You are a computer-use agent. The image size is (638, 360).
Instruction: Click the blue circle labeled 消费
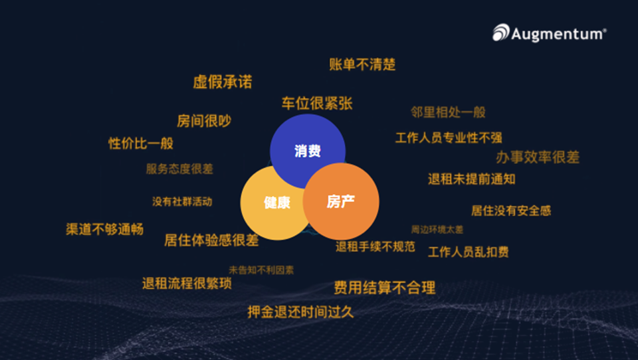click(x=307, y=151)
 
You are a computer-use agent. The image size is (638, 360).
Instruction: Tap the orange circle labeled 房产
click(x=340, y=201)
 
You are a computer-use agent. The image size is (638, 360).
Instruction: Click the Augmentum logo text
click(x=557, y=33)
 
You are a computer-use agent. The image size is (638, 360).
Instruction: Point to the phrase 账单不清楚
click(x=362, y=64)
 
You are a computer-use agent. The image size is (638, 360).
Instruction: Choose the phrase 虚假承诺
click(x=223, y=82)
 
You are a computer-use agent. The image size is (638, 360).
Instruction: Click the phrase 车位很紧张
click(x=316, y=104)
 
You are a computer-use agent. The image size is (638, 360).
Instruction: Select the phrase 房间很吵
click(x=204, y=121)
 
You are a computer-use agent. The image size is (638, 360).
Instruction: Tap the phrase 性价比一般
click(x=141, y=143)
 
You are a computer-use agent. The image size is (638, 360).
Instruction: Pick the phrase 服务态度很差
click(x=179, y=169)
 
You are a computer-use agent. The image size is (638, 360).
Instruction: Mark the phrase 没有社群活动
click(x=182, y=201)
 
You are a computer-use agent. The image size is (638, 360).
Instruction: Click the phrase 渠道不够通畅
click(x=104, y=229)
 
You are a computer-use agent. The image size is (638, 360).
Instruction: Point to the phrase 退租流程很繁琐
click(x=187, y=284)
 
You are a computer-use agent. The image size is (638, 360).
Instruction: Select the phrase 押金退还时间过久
click(x=300, y=312)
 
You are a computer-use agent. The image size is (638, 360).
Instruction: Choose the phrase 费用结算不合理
click(x=385, y=288)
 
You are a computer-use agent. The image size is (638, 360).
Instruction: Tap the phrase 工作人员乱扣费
click(x=469, y=252)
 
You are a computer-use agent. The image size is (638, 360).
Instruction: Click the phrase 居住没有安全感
click(x=511, y=211)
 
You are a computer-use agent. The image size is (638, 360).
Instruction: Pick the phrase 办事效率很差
click(x=538, y=157)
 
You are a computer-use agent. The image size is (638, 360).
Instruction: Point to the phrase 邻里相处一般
click(x=449, y=112)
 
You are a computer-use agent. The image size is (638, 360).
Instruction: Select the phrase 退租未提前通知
click(x=472, y=179)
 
